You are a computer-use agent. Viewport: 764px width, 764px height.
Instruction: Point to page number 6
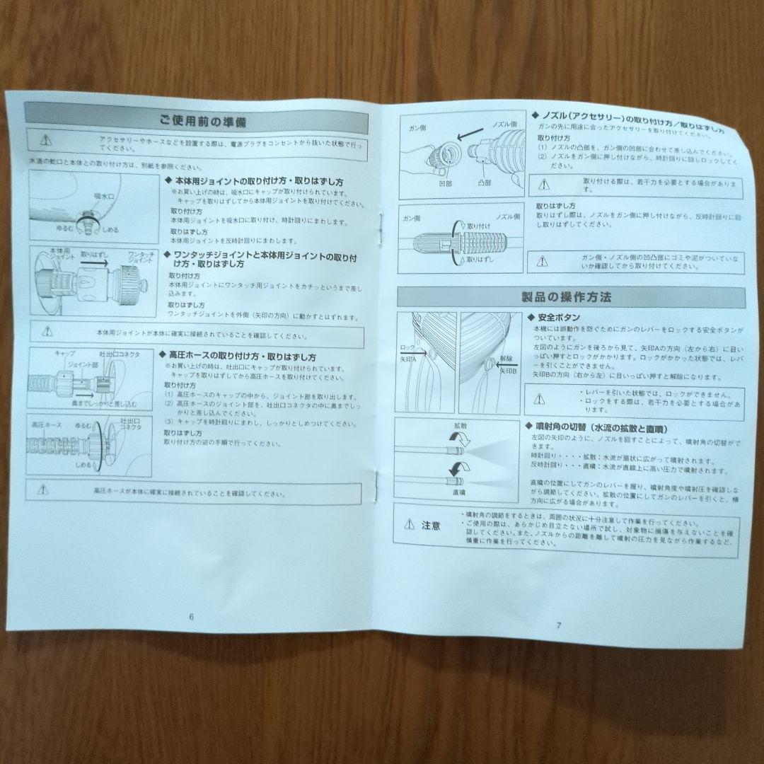coord(191,615)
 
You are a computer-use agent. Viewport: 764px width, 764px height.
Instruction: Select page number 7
coord(558,625)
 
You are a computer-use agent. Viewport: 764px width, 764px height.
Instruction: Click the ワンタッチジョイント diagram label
coord(141,257)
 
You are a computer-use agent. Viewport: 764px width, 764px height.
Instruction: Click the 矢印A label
coord(409,359)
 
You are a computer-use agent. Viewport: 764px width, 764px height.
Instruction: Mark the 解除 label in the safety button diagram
coord(504,359)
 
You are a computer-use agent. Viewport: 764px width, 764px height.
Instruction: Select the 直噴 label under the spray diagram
coord(458,492)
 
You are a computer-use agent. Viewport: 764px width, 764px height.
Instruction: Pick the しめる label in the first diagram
coord(110,230)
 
